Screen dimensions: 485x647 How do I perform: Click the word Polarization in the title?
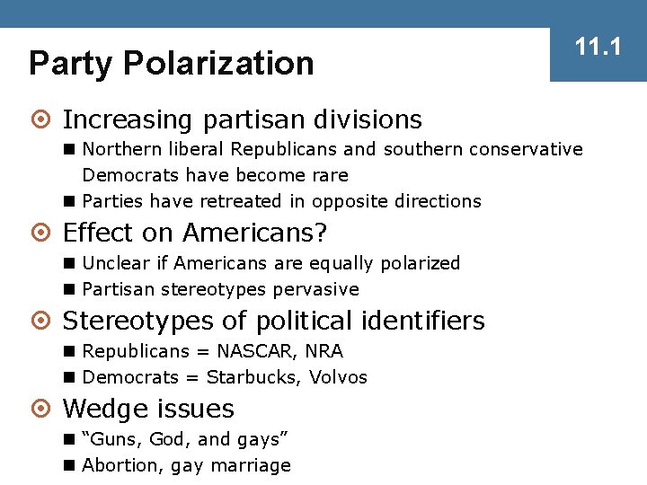218,63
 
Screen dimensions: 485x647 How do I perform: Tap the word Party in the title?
71,63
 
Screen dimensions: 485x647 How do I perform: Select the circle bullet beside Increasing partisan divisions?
44,119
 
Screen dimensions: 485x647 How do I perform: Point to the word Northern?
118,149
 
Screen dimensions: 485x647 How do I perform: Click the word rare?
328,175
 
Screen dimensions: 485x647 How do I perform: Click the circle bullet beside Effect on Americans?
44,234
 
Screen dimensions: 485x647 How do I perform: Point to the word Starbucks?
253,377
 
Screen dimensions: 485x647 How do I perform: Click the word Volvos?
338,377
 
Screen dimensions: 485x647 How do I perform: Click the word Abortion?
118,465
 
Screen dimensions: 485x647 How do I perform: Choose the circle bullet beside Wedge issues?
44,410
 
